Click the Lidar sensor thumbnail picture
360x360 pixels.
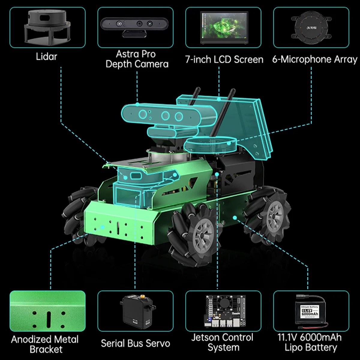click(47, 27)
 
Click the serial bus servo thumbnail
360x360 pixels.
click(136, 311)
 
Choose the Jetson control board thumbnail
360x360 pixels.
click(223, 311)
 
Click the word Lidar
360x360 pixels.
click(46, 56)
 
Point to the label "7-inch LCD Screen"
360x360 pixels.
click(224, 59)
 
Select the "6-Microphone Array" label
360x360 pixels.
click(315, 59)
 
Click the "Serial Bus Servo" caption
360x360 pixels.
click(135, 343)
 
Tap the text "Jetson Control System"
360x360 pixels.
click(223, 342)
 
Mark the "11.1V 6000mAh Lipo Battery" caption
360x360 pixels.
click(310, 342)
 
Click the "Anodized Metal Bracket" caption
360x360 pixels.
click(45, 344)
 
